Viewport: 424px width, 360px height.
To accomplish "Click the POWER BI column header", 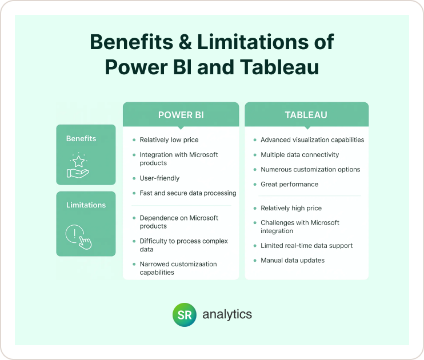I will click(x=181, y=115).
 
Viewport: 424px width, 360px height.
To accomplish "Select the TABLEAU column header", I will click(x=306, y=115).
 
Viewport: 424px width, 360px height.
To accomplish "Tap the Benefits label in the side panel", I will click(x=81, y=138).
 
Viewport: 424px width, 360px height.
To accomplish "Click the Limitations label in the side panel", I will click(x=86, y=205).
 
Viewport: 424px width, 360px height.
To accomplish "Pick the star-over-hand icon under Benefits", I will click(x=79, y=165).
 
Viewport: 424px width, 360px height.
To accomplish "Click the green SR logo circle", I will click(x=185, y=315).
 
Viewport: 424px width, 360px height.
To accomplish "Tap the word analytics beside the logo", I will click(x=227, y=314).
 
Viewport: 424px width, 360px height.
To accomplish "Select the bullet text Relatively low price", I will click(x=169, y=139).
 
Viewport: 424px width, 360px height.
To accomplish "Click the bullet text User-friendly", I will click(x=159, y=178).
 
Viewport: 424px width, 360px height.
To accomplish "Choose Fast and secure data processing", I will click(x=188, y=193).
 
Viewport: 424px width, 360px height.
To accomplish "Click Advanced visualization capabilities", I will click(x=312, y=139).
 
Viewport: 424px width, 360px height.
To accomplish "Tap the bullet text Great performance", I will click(x=289, y=184).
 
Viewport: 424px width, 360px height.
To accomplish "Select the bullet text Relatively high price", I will click(x=291, y=208).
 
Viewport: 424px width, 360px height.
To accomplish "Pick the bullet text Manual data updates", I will click(x=293, y=260).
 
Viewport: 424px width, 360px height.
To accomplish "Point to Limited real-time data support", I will click(x=306, y=246).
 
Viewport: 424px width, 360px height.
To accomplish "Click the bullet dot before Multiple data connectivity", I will click(x=255, y=155).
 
